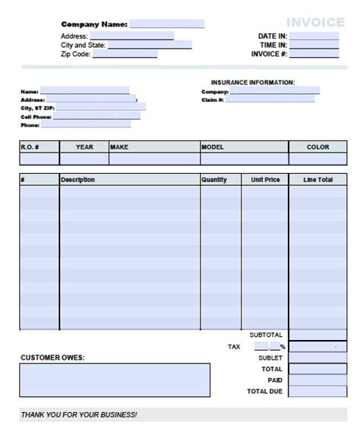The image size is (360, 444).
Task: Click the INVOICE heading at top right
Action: coord(315,22)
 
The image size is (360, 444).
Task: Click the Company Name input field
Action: coord(166,24)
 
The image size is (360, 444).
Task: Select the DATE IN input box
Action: coord(314,36)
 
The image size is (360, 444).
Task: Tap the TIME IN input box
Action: coord(314,45)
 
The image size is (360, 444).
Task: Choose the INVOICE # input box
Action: coord(314,54)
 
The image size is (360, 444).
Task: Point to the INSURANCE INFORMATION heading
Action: coord(253,82)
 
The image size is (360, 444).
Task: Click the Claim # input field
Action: coord(270,99)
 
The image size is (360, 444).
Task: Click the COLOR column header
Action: coord(317,147)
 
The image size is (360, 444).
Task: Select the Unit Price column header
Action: coord(265,180)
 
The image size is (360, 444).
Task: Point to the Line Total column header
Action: coord(317,180)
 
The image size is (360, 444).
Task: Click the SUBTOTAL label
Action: coord(266,335)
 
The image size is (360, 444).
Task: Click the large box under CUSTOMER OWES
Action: coord(115,380)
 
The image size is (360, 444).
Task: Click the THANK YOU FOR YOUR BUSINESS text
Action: coord(79,415)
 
